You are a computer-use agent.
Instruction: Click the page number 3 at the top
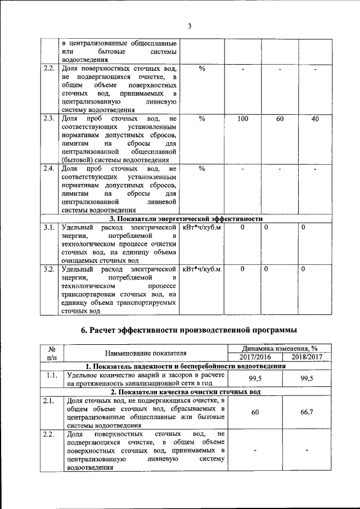point(190,25)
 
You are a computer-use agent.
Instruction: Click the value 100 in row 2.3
point(242,119)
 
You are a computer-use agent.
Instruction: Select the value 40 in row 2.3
point(315,119)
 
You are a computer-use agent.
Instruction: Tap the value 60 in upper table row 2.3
point(280,119)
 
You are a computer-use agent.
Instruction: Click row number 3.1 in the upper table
point(48,227)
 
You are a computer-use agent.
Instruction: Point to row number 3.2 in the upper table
point(48,269)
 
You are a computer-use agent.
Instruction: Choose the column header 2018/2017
point(309,357)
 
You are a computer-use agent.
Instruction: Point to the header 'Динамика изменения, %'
point(282,348)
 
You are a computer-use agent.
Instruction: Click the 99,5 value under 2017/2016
point(254,379)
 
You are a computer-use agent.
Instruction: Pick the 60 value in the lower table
point(254,412)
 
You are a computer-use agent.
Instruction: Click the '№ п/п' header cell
point(51,353)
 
